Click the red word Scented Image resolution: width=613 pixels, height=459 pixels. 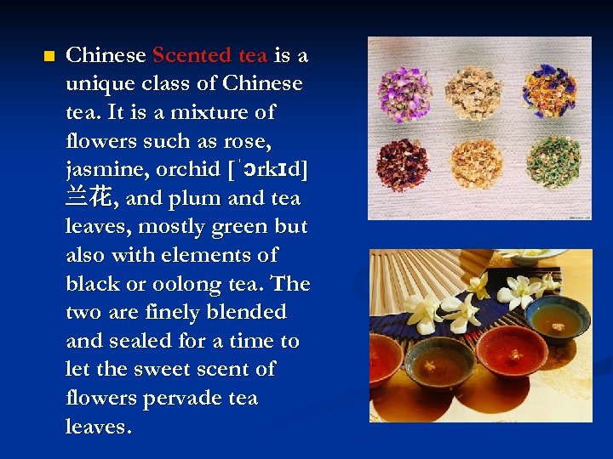[192, 56]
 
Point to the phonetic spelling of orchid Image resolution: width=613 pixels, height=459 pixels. [264, 169]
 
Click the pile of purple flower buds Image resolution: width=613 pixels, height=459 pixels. [405, 91]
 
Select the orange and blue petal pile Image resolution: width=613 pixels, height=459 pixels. [550, 91]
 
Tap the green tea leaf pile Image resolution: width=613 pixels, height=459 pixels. [553, 161]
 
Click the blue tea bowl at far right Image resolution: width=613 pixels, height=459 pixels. [556, 317]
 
